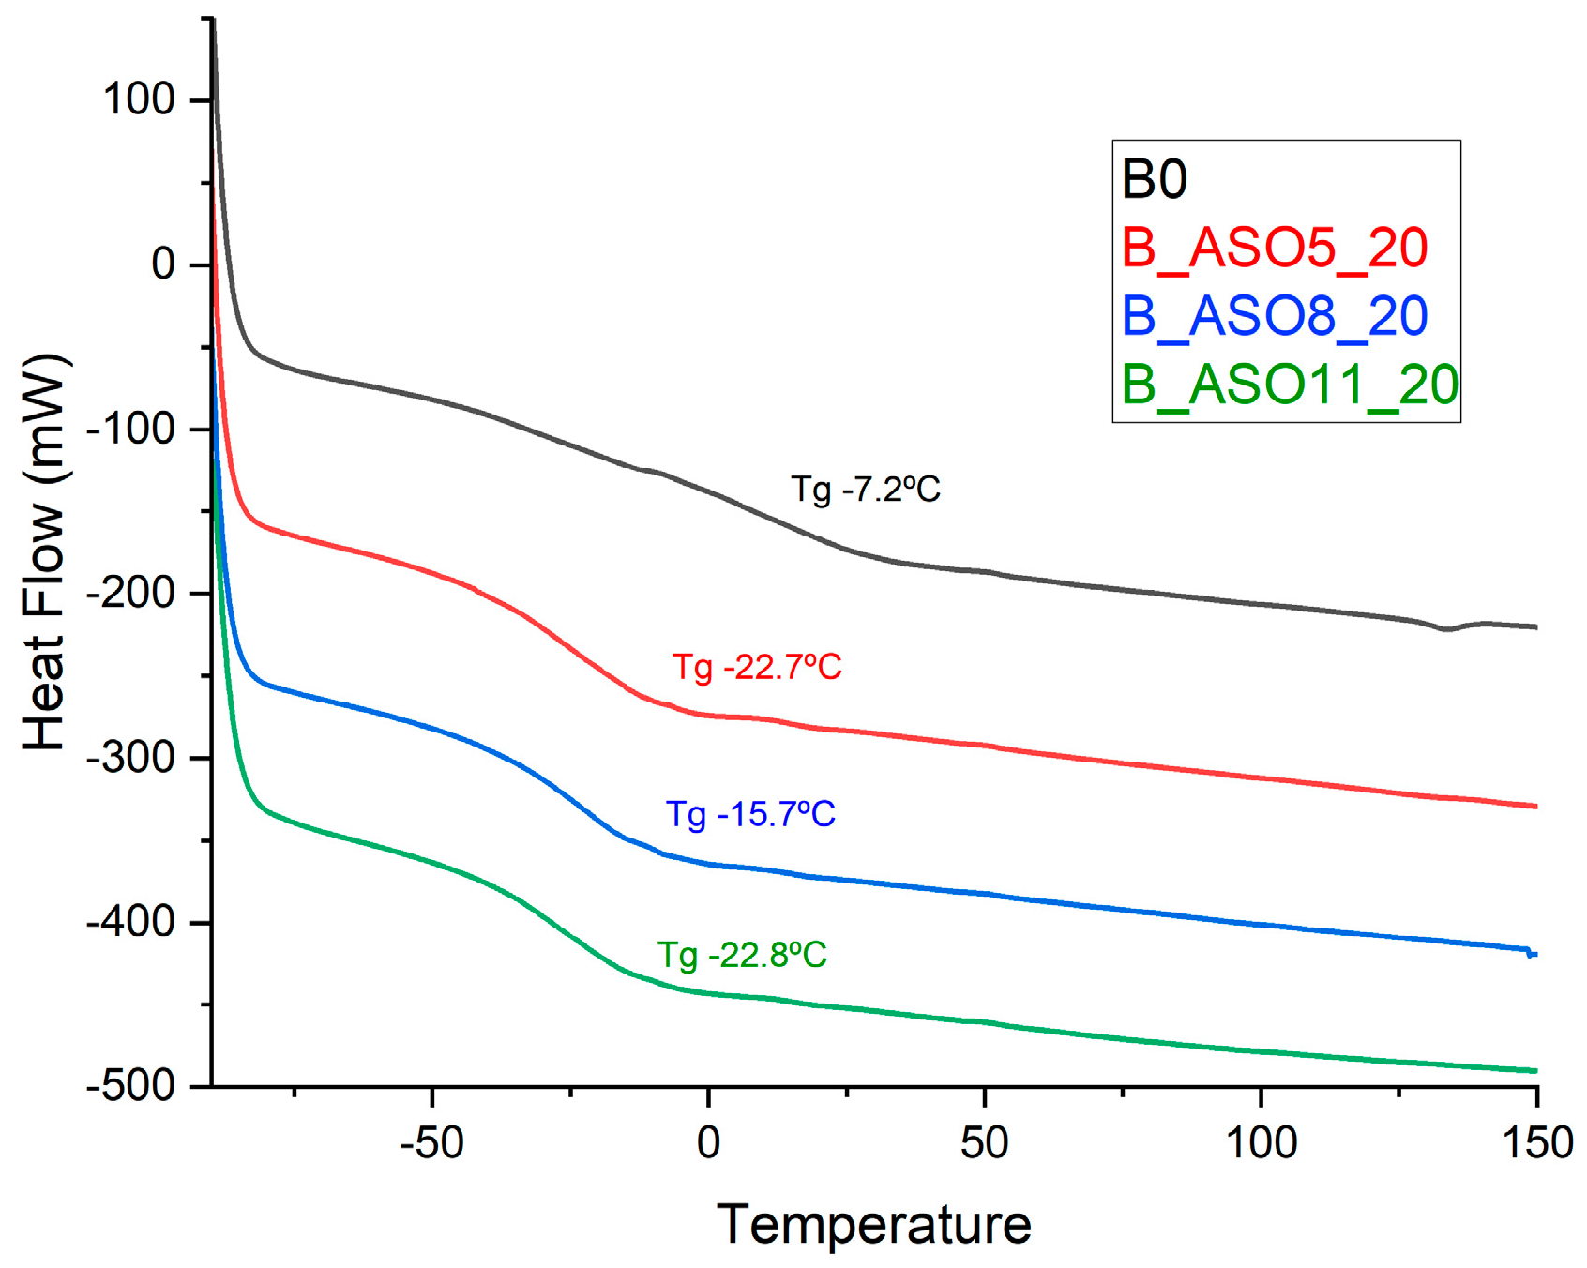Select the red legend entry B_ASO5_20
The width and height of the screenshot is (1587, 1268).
(1274, 248)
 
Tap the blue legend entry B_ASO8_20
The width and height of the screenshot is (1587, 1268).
(1274, 316)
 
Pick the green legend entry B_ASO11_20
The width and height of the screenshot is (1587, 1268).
(1289, 385)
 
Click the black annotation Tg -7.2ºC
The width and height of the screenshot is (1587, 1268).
(865, 490)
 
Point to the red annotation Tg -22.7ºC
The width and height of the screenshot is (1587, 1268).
(757, 667)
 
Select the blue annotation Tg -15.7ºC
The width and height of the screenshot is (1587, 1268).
(750, 813)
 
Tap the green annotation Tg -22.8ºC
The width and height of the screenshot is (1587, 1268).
(742, 955)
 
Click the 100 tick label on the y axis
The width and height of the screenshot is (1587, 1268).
(139, 99)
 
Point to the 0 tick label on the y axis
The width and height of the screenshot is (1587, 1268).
(163, 264)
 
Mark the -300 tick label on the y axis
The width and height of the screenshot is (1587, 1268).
(130, 758)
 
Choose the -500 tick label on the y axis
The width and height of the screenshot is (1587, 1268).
(130, 1087)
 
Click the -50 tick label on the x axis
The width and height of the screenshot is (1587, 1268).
(431, 1142)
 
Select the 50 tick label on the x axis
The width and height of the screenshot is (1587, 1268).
(984, 1142)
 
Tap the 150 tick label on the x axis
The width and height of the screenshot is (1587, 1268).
(1535, 1142)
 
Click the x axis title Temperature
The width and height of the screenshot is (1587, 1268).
(874, 1224)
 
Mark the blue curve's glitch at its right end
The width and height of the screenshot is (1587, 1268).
(1531, 954)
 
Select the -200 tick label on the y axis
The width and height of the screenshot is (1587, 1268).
(130, 594)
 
